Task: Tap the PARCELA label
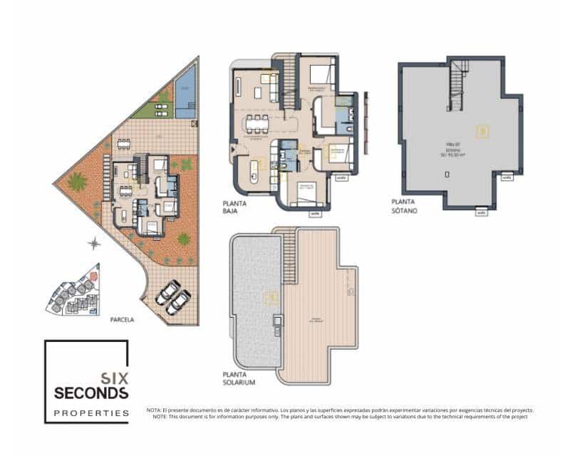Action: (122, 320)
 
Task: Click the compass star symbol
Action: (93, 244)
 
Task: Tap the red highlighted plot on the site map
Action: (94, 276)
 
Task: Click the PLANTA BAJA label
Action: (234, 207)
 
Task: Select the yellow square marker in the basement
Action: (482, 130)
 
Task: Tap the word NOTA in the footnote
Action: (152, 410)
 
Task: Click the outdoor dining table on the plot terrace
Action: (124, 143)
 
